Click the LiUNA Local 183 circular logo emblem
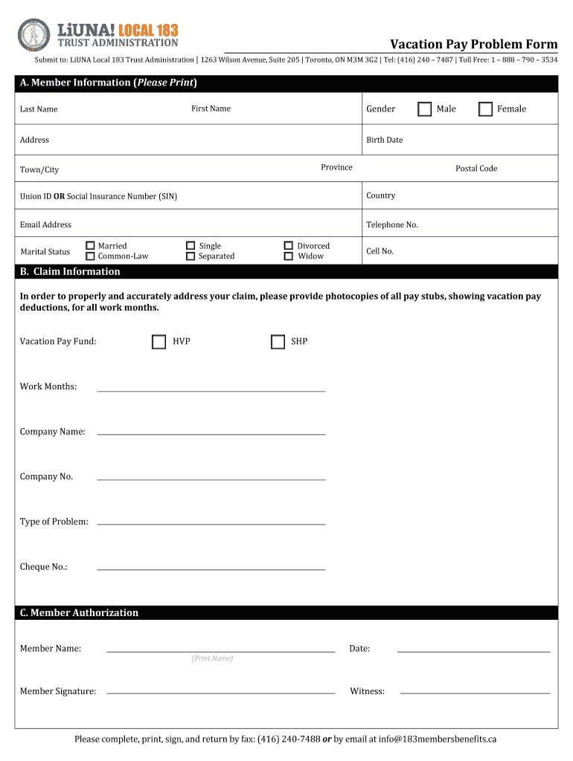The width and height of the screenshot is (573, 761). pos(33,35)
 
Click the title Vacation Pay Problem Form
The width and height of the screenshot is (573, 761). pos(473,45)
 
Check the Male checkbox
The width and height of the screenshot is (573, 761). pos(424,109)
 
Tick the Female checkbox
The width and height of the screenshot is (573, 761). pos(485,109)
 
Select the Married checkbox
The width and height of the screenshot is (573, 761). pos(90,245)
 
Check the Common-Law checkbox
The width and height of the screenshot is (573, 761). pos(90,256)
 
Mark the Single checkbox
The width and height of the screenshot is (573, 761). pos(191,245)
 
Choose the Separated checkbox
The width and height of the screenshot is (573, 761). pos(191,256)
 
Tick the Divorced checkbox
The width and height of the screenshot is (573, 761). pos(289,245)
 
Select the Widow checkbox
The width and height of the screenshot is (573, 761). pos(289,256)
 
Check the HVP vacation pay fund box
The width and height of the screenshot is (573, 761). pos(159,342)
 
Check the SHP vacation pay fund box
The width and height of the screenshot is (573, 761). pos(278,342)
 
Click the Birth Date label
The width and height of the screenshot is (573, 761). pos(384,140)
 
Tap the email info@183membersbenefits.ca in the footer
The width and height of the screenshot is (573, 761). pos(437,739)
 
